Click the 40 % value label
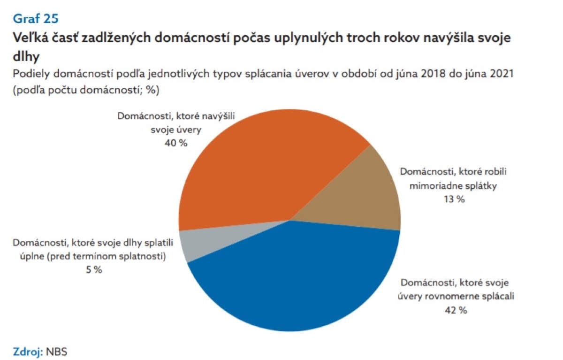click(x=176, y=143)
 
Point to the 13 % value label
click(x=454, y=199)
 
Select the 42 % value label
click(x=456, y=310)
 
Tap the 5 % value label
click(x=94, y=270)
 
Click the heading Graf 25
click(x=36, y=19)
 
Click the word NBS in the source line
click(x=57, y=352)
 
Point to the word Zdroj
click(x=28, y=352)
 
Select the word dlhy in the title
click(x=26, y=57)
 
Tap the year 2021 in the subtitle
click(x=501, y=74)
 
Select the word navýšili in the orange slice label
click(x=218, y=116)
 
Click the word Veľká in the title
click(x=30, y=38)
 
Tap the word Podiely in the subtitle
click(x=32, y=74)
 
